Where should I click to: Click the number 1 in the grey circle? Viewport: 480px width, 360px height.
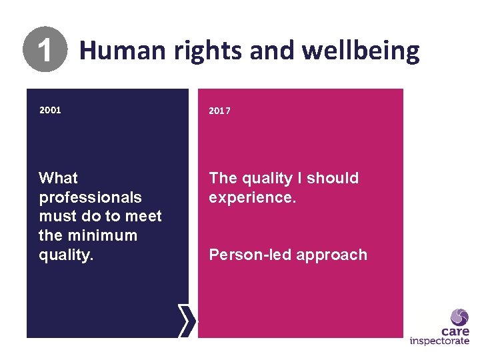pyautogui.click(x=45, y=51)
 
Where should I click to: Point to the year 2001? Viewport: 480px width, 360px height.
pyautogui.click(x=50, y=110)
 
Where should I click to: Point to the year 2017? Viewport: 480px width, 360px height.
pyautogui.click(x=219, y=111)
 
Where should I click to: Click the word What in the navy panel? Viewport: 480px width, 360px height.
pyautogui.click(x=59, y=178)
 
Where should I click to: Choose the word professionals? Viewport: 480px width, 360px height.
pyautogui.click(x=91, y=197)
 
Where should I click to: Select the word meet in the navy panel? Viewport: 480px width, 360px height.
pyautogui.click(x=143, y=216)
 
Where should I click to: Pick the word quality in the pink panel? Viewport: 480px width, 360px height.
pyautogui.click(x=263, y=178)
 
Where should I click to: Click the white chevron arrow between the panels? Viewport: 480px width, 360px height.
pyautogui.click(x=189, y=321)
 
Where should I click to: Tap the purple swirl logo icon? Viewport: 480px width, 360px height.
pyautogui.click(x=459, y=317)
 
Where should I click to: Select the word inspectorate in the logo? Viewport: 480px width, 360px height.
pyautogui.click(x=439, y=342)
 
